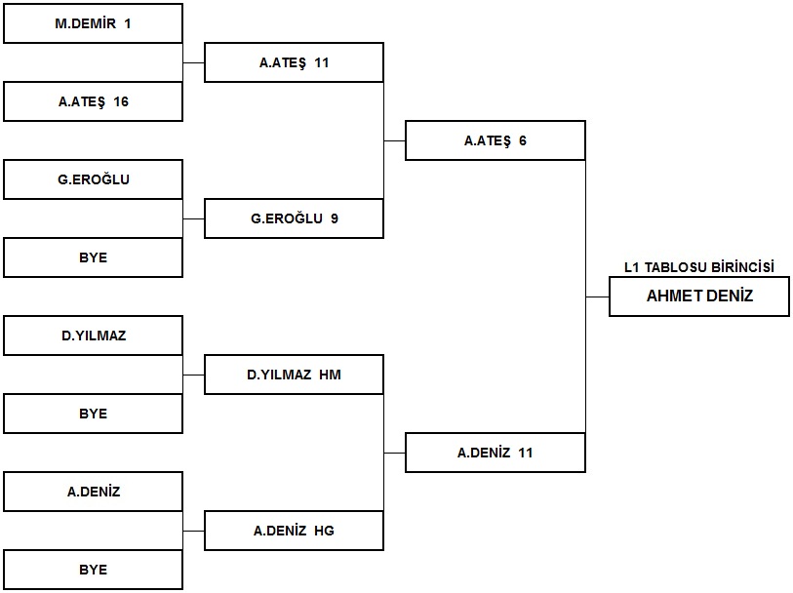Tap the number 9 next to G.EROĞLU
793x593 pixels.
pyautogui.click(x=335, y=218)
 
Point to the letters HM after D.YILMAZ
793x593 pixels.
pyautogui.click(x=331, y=375)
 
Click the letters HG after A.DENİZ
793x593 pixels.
pyautogui.click(x=324, y=531)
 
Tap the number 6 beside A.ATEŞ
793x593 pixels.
pyautogui.click(x=523, y=140)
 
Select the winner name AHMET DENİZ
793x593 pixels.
pyautogui.click(x=699, y=296)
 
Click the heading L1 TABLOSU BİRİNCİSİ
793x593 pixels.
pyautogui.click(x=699, y=267)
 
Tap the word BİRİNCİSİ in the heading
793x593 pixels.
pyautogui.click(x=742, y=267)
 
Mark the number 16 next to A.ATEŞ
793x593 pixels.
pyautogui.click(x=121, y=101)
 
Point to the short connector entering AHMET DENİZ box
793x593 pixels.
pyautogui.click(x=597, y=296)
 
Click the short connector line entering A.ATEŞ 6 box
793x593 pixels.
pyautogui.click(x=394, y=140)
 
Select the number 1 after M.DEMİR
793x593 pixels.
pyautogui.click(x=128, y=23)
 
